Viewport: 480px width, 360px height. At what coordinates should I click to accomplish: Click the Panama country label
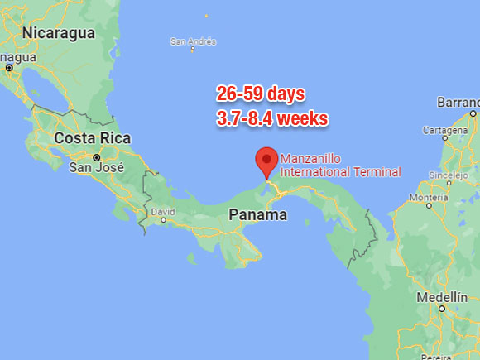click(x=257, y=215)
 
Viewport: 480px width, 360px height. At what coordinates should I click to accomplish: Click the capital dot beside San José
click(x=96, y=156)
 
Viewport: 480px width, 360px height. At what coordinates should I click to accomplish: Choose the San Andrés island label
click(x=193, y=41)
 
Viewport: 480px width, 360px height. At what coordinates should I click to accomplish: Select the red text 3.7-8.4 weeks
click(x=272, y=118)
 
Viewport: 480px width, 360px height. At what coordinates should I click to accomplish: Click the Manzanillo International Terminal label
click(x=341, y=166)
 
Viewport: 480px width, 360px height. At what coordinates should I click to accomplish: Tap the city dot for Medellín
click(x=442, y=309)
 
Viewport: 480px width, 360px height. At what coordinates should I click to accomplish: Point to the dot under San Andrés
click(x=193, y=50)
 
